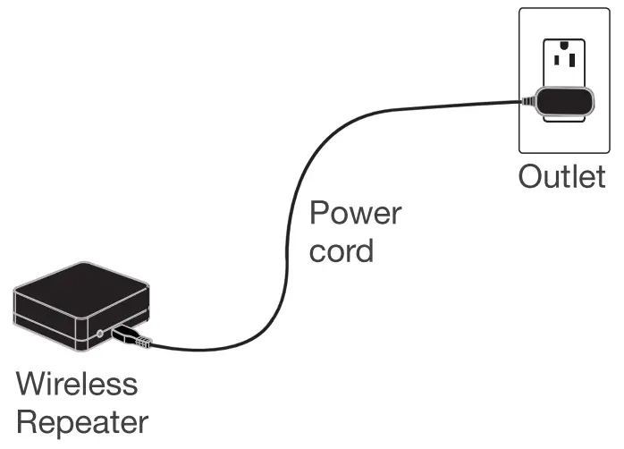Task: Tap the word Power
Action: coord(355,215)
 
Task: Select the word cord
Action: coord(341,250)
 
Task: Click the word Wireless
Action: coord(78,385)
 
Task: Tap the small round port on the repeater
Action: coord(100,335)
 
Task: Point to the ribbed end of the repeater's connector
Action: coord(144,340)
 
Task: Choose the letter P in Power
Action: coord(319,215)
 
